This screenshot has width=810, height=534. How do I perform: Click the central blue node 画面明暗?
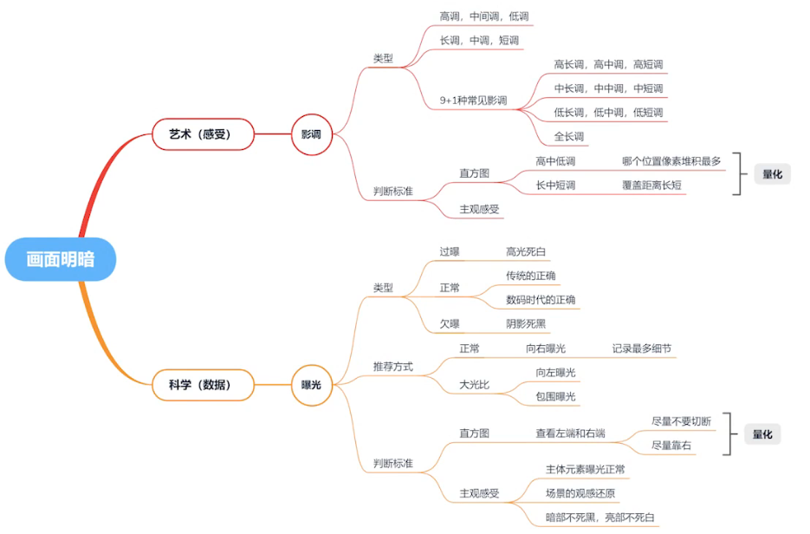[x=61, y=259]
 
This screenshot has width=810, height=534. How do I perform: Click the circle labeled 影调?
[x=311, y=134]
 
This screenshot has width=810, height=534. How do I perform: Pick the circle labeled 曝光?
[x=311, y=384]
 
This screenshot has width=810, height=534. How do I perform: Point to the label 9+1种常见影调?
[x=473, y=101]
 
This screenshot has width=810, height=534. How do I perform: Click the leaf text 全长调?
[x=569, y=136]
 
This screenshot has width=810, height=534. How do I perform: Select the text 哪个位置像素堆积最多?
[x=671, y=161]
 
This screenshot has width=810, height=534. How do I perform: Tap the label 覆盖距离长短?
[x=651, y=186]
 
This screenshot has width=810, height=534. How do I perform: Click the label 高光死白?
[x=527, y=252]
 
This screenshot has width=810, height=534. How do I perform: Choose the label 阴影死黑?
[x=527, y=324]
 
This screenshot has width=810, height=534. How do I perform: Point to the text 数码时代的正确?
[x=541, y=300]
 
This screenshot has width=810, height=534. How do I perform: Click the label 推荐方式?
[x=393, y=367]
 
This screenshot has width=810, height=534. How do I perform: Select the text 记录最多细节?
[x=642, y=348]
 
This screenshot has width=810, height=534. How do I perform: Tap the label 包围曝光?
[x=556, y=396]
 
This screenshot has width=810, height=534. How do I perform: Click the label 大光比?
[x=474, y=385]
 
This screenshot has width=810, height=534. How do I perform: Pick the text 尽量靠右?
[x=672, y=445]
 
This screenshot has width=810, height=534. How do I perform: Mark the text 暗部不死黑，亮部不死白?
[x=600, y=518]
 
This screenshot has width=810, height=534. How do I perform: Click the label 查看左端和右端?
[x=570, y=433]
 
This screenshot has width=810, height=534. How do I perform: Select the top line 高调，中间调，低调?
[x=484, y=16]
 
